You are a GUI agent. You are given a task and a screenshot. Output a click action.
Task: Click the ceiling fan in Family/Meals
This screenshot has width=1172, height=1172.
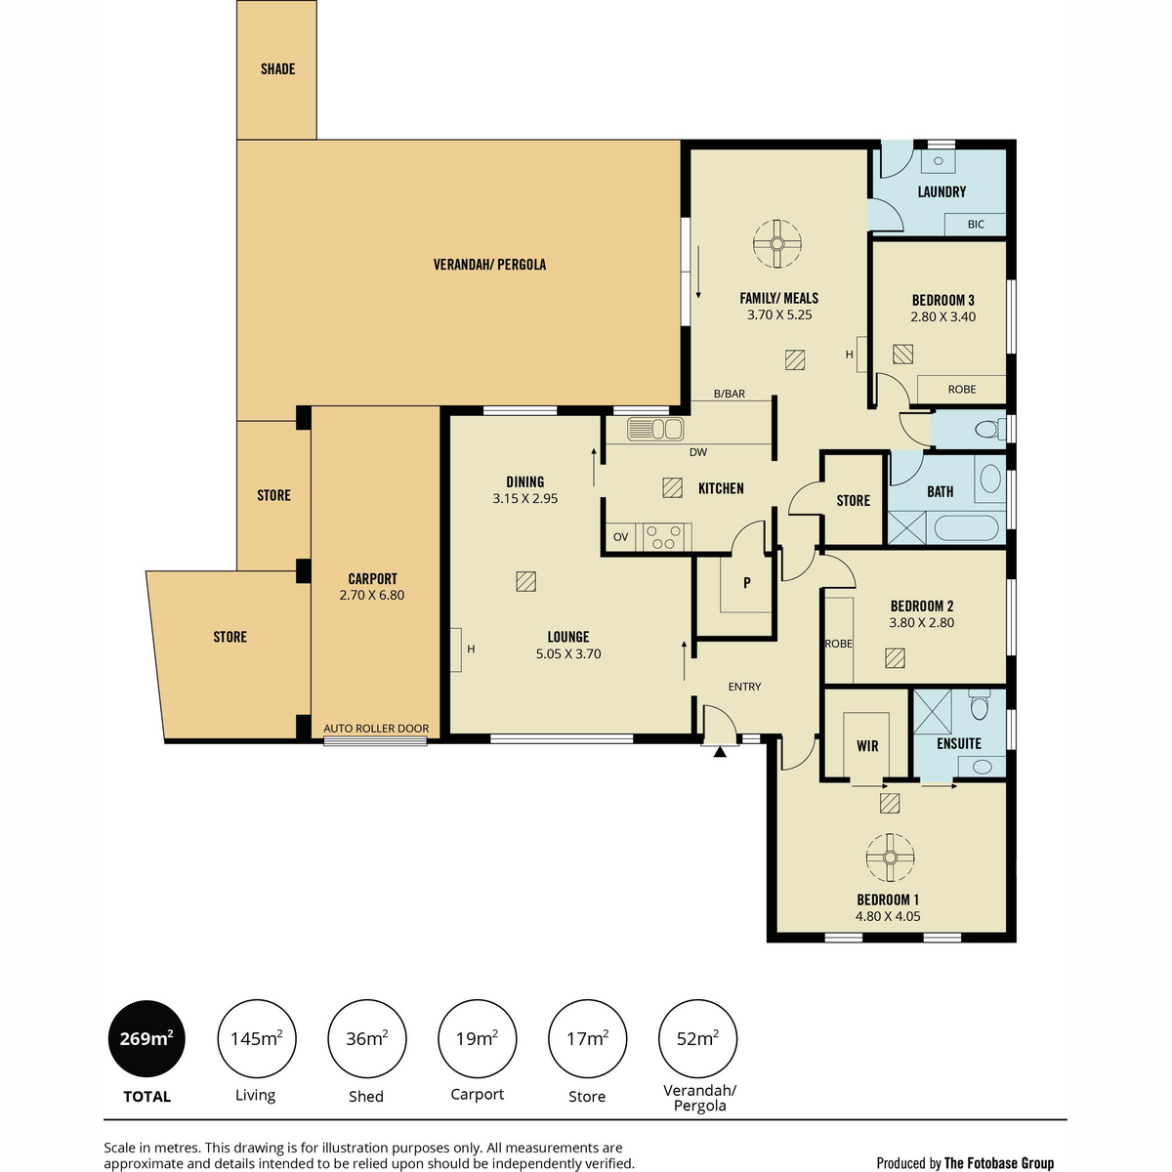coord(776,244)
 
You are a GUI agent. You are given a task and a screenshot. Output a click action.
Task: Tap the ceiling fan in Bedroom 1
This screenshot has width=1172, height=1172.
coord(890,858)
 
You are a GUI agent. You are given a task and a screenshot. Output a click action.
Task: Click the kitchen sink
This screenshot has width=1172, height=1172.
coord(655,430)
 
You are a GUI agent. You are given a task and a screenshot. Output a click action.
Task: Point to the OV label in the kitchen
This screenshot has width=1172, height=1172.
coord(620,537)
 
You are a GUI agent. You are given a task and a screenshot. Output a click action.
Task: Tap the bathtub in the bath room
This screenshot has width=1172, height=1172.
coord(966,528)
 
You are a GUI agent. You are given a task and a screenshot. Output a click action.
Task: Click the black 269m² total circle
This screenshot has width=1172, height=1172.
coord(146,1039)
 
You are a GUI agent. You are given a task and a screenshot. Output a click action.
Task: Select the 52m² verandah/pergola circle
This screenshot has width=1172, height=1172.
coord(697,1039)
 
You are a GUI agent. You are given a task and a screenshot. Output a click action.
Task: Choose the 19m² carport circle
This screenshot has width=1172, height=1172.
coord(478,1039)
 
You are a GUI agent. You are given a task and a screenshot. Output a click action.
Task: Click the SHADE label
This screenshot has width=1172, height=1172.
coord(278,69)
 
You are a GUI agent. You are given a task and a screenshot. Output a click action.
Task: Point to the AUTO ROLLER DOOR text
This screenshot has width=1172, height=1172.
coord(376,728)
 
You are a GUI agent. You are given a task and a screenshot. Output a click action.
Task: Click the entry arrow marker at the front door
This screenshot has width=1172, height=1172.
coord(720,752)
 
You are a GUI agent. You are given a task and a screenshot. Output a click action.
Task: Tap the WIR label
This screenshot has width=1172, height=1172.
coord(867,746)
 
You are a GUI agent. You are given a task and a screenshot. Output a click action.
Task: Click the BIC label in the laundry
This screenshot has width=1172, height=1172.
coord(976,225)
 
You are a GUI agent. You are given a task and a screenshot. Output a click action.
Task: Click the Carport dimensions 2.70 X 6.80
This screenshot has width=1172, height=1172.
coord(371,595)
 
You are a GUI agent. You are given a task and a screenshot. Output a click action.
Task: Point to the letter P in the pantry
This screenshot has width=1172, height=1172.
coord(747,583)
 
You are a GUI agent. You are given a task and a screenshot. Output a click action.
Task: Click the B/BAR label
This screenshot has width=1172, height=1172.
coord(730,394)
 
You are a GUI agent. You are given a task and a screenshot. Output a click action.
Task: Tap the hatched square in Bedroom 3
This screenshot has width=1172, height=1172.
coord(902,354)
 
